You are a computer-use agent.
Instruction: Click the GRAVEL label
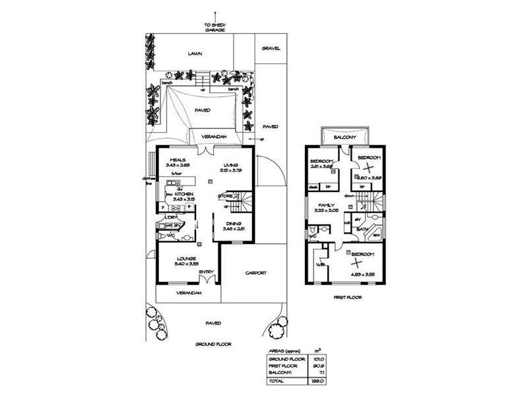[271, 48]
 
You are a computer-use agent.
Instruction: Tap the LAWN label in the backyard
[194, 53]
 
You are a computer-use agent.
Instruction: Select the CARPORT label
[255, 273]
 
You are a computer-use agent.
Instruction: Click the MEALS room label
[176, 160]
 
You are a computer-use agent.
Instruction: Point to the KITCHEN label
[183, 194]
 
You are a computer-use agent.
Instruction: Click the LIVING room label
[230, 165]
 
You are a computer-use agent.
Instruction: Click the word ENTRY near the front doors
[205, 272]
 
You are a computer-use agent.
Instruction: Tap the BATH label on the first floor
[362, 230]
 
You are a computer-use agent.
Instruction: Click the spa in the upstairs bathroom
[377, 234]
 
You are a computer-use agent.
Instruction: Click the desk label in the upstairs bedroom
[313, 187]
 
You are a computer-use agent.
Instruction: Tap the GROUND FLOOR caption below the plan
[212, 345]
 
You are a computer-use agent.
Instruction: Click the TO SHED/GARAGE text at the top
[214, 27]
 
